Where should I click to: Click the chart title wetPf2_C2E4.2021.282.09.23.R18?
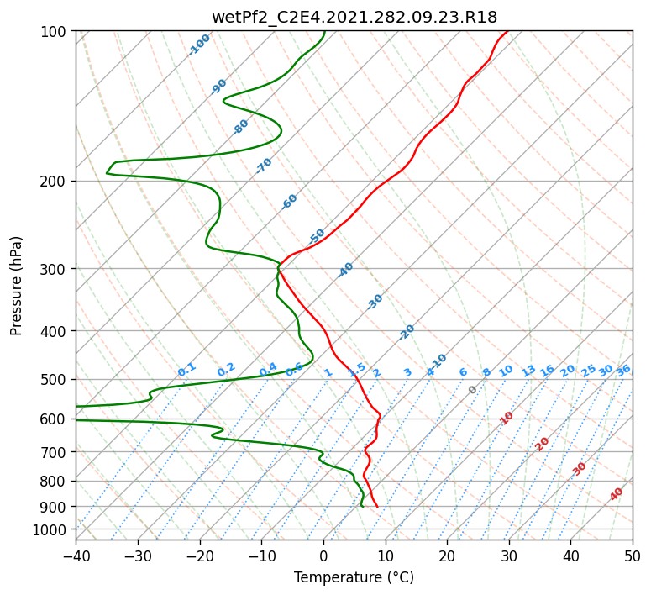[x=354, y=18]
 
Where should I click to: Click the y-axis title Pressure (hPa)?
[x=16, y=286]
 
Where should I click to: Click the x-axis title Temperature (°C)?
[x=354, y=577]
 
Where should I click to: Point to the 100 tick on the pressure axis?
[x=53, y=31]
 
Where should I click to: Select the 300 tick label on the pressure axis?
[x=53, y=269]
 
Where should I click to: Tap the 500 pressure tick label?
[x=53, y=380]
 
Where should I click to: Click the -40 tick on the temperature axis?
[x=76, y=556]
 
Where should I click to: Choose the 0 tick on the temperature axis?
[x=324, y=556]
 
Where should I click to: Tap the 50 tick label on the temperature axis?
[x=633, y=556]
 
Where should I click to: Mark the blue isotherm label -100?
[x=199, y=45]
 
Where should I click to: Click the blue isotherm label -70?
[x=264, y=166]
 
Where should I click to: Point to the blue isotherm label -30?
[x=375, y=302]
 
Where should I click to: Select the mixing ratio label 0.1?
[x=186, y=370]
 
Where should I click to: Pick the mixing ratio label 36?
[x=623, y=371]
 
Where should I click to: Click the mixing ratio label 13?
[x=528, y=371]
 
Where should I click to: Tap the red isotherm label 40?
[x=616, y=494]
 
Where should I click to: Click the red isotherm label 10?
[x=507, y=418]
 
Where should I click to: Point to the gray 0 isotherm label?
[x=472, y=389]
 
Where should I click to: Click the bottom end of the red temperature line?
[x=377, y=507]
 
